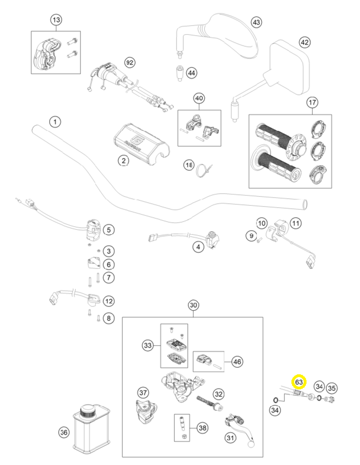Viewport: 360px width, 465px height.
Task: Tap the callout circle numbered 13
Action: coord(57,19)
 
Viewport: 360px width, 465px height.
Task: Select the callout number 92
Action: coord(130,63)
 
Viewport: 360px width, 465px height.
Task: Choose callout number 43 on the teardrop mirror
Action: coord(256,22)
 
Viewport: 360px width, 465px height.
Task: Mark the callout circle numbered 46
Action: coord(237,361)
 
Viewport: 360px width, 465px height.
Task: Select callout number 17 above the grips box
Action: coord(312,102)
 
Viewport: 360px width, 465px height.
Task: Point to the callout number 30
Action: coord(193,305)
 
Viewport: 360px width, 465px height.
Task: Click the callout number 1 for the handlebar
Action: coord(55,122)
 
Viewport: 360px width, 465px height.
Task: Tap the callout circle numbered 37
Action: coord(143,392)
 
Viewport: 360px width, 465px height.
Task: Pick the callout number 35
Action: coord(332,388)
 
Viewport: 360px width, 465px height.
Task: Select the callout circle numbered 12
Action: coord(108,301)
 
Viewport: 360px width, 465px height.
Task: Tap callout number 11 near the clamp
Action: coord(296,223)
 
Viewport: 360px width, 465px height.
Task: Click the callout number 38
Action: coord(203,428)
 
